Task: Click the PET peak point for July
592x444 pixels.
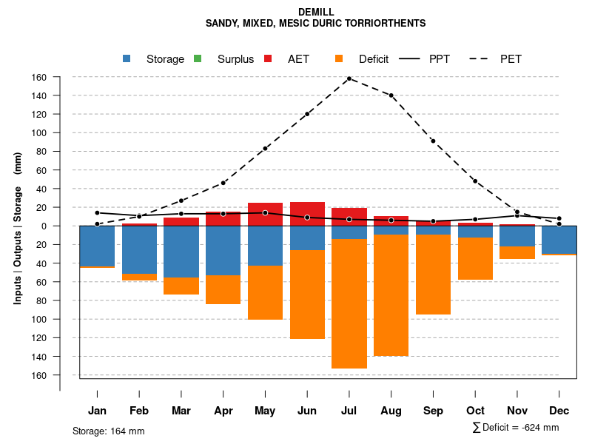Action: pyautogui.click(x=349, y=78)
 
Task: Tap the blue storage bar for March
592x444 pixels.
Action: pyautogui.click(x=181, y=252)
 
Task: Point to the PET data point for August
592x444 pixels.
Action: pyautogui.click(x=391, y=95)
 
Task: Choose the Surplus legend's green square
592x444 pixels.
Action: pyautogui.click(x=198, y=59)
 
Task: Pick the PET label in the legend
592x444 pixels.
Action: pyautogui.click(x=511, y=59)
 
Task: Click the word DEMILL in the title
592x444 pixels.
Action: pyautogui.click(x=316, y=13)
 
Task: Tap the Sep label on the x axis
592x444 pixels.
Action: pyautogui.click(x=434, y=411)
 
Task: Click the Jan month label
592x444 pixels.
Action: pyautogui.click(x=97, y=411)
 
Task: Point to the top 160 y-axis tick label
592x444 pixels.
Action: pyautogui.click(x=39, y=77)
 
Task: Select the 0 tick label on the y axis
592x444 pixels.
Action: pyautogui.click(x=44, y=226)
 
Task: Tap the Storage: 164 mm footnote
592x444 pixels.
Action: pyautogui.click(x=109, y=431)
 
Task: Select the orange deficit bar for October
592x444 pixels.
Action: pyautogui.click(x=475, y=259)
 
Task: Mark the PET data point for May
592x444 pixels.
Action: pyautogui.click(x=265, y=148)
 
